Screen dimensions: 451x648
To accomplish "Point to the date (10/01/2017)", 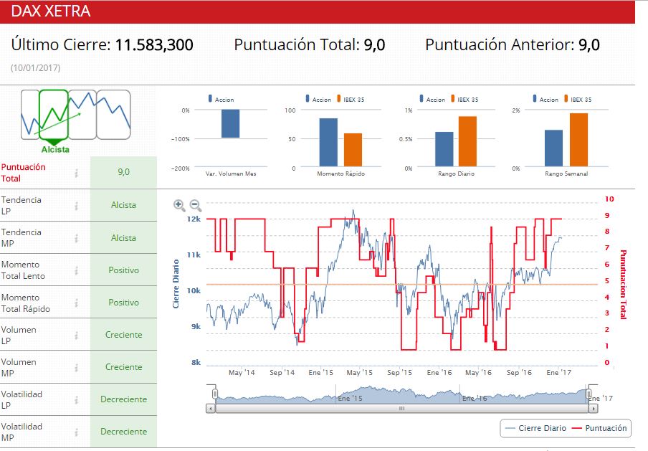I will point(35,67).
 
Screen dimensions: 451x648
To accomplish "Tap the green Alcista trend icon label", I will point(55,149).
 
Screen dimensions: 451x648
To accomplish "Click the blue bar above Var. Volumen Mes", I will point(230,123).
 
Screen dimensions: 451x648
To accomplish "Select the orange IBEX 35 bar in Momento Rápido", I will point(353,149).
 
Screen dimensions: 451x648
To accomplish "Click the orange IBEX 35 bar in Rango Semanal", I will point(578,140).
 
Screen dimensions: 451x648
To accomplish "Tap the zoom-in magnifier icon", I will point(179,205).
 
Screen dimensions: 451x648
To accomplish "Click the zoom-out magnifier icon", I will point(195,205).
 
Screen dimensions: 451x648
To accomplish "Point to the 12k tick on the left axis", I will point(194,219).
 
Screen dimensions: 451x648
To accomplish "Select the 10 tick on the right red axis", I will point(609,199).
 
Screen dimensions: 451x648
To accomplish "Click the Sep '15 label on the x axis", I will point(399,373).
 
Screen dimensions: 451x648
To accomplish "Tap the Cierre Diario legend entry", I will point(535,428).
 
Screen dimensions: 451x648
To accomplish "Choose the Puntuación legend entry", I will point(598,428).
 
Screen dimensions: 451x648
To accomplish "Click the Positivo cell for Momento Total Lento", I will point(123,270).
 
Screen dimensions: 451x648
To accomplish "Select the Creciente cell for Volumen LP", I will point(123,335).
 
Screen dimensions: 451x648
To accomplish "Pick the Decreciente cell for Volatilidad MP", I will point(123,432).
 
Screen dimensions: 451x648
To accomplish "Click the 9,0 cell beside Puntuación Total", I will point(123,172).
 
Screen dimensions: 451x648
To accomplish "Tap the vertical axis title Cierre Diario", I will point(176,283).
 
